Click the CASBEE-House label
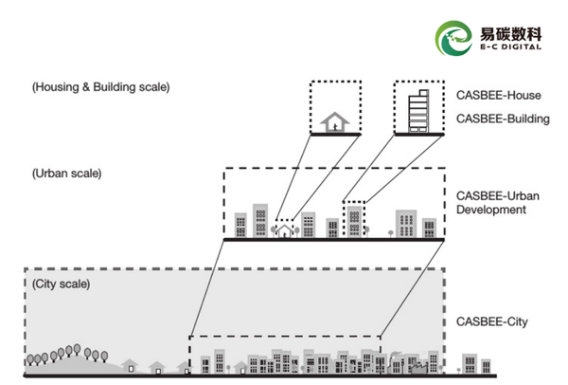pyautogui.click(x=499, y=96)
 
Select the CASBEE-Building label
pyautogui.click(x=503, y=119)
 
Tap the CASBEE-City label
pyautogui.click(x=491, y=321)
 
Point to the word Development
pyautogui.click(x=490, y=210)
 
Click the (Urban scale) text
pyautogui.click(x=66, y=174)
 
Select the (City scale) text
pyautogui.click(x=61, y=284)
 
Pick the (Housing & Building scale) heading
pyautogui.click(x=100, y=87)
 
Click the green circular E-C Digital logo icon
pyautogui.click(x=453, y=38)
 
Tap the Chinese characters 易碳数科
pyautogui.click(x=511, y=34)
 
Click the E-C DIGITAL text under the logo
pyautogui.click(x=511, y=46)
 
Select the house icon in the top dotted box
pyautogui.click(x=335, y=122)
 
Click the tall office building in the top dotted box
pyautogui.click(x=418, y=111)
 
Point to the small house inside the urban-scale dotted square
pyautogui.click(x=284, y=231)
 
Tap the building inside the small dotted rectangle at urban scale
pyautogui.click(x=354, y=221)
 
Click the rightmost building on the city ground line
pyautogui.click(x=486, y=366)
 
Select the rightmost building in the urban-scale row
pyautogui.click(x=429, y=228)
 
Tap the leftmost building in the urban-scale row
pyautogui.click(x=240, y=225)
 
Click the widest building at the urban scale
pyautogui.click(x=406, y=224)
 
